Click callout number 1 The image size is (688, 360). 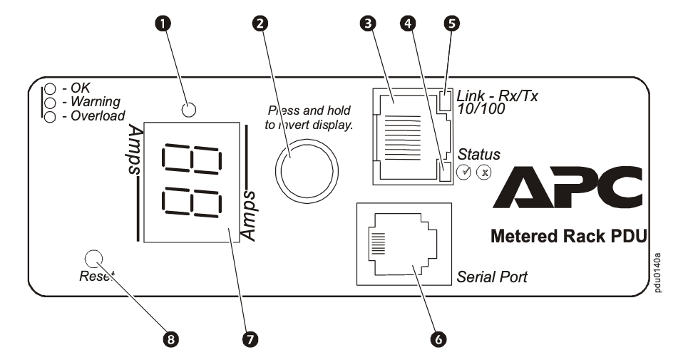(x=166, y=24)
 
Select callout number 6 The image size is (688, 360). (x=438, y=339)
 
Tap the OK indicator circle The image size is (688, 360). (x=50, y=90)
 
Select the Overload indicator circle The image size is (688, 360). (x=50, y=116)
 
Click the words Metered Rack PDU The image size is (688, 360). (x=568, y=237)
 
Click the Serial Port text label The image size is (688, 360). (x=492, y=277)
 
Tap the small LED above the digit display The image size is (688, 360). (x=189, y=109)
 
